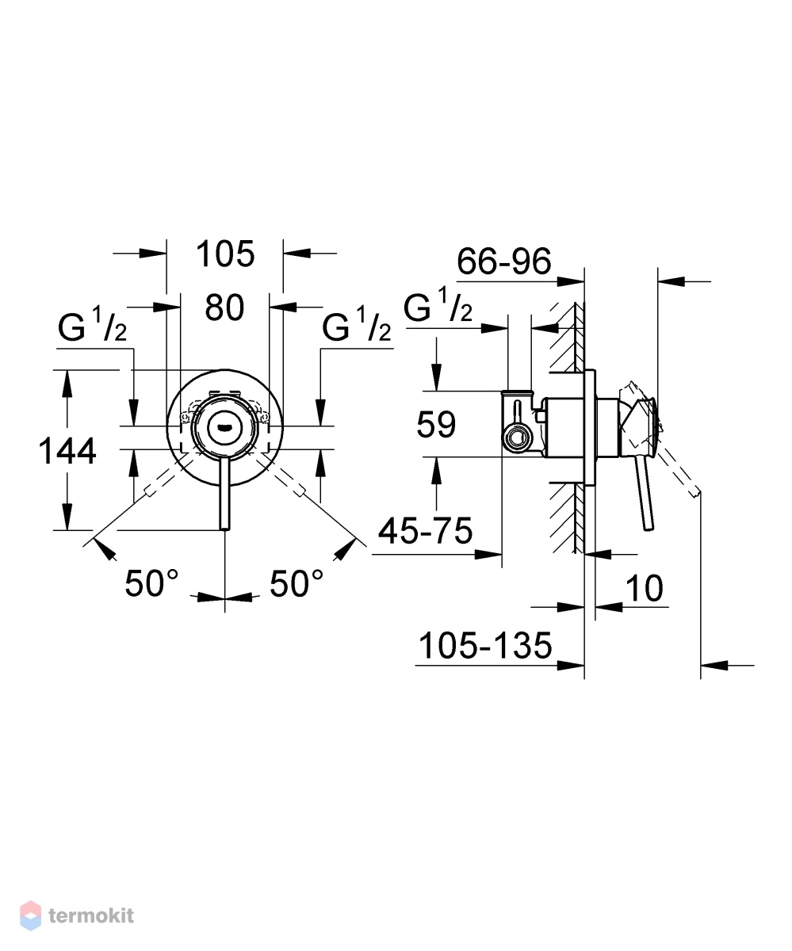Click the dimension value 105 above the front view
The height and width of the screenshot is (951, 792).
coord(224,254)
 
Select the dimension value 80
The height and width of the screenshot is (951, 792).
coord(224,308)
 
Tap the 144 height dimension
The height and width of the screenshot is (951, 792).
coord(67,451)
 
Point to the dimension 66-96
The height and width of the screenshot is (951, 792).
coord(503,262)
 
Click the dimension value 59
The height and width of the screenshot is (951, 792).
coord(436,425)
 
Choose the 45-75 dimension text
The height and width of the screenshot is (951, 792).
coord(425,531)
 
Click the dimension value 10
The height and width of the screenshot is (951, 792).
coord(645,588)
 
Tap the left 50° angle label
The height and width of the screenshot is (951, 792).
coord(151,583)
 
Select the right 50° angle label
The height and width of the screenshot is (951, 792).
coord(297,583)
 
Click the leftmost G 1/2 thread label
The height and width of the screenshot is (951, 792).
coord(92,325)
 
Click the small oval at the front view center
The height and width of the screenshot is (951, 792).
coord(224,427)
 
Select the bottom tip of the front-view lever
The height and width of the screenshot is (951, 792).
coord(225,529)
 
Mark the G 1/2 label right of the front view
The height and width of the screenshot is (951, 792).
coord(356,325)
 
